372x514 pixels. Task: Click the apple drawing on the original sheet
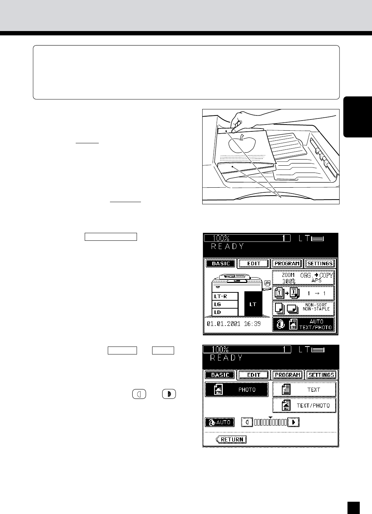click(242, 145)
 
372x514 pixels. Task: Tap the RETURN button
click(231, 439)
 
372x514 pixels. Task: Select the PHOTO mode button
click(236, 389)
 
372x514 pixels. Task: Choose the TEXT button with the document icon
click(304, 389)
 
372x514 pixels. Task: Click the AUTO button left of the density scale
click(220, 422)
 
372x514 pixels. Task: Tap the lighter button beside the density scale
click(247, 422)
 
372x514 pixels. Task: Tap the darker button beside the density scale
click(294, 422)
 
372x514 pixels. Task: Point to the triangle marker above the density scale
click(270, 417)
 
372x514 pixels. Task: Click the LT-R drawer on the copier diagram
click(225, 296)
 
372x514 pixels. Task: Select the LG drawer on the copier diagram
click(225, 304)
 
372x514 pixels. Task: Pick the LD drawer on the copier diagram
click(225, 312)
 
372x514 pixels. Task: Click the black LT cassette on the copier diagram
click(253, 304)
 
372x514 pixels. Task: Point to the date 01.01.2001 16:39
click(234, 324)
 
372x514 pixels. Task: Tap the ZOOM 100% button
click(304, 278)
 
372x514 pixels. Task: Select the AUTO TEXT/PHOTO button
click(304, 324)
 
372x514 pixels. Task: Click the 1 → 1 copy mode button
click(304, 293)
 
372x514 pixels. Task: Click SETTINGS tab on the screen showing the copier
click(320, 263)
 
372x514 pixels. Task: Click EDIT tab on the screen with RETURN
click(253, 375)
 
